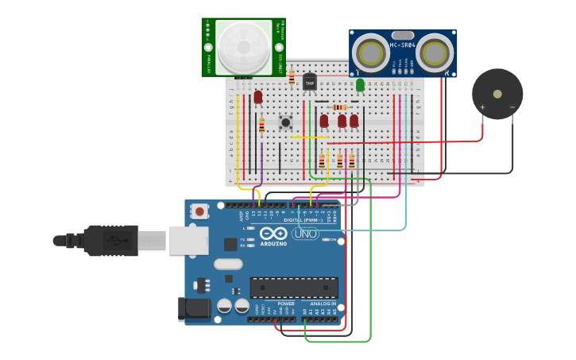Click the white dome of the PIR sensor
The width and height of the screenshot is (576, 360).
coord(244,47)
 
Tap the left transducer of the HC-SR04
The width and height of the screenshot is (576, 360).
coord(369,53)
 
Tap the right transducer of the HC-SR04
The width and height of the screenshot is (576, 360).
coord(435,53)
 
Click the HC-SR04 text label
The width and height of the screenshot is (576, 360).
coord(402,45)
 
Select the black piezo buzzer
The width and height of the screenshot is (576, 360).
coord(497,94)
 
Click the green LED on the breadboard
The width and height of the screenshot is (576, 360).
coord(360,84)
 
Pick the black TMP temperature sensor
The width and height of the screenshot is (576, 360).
coord(310,81)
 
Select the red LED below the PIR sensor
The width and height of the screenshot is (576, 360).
coord(258,97)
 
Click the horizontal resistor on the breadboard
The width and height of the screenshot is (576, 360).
coord(339,107)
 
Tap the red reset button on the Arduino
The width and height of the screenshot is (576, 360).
coord(199,211)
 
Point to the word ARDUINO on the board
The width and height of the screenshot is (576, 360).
coord(274,244)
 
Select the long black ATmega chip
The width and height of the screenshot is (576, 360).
coord(294,287)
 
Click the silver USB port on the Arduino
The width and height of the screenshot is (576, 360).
coord(188,240)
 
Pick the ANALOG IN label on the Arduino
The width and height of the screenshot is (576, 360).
coord(323,304)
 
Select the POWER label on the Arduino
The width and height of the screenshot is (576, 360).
coord(286,304)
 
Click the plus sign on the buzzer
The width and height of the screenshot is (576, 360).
coord(482,107)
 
